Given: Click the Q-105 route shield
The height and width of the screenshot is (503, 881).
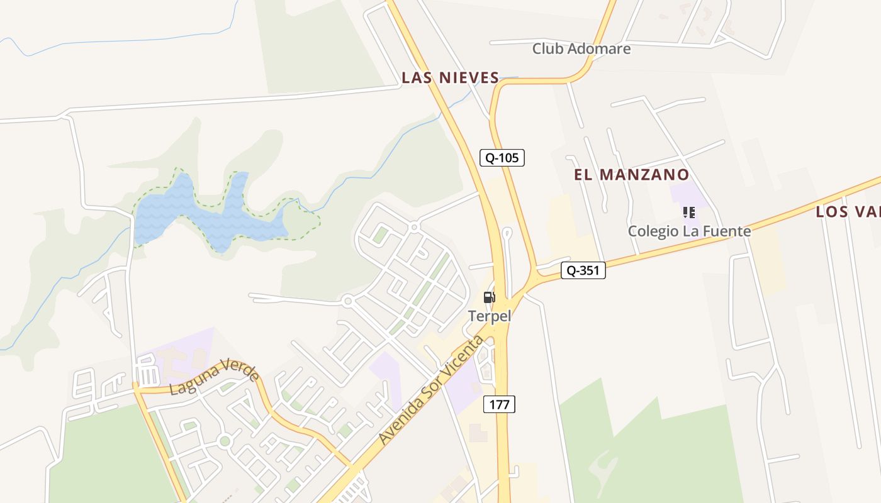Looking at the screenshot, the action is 502,158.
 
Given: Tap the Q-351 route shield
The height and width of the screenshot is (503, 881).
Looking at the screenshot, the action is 583,271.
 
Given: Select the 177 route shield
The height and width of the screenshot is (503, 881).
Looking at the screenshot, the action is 499,404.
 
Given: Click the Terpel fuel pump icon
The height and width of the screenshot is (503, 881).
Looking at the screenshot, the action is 489,297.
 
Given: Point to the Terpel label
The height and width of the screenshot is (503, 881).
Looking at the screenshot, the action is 490,316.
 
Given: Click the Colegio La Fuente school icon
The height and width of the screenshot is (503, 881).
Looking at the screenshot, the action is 688,213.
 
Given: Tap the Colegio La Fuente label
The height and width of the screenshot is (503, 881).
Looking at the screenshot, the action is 689,231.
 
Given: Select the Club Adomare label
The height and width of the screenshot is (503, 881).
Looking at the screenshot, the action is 581,48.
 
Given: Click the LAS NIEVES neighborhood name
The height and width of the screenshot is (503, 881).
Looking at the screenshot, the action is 451,78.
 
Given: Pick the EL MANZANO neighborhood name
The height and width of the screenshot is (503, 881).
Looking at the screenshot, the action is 631,175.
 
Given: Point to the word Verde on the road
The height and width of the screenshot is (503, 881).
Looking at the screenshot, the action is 240,368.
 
